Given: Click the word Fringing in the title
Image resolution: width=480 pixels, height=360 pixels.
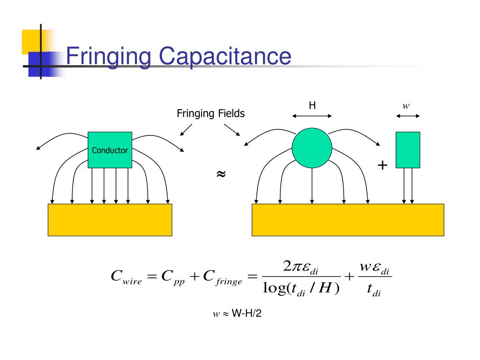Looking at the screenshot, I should [108, 57].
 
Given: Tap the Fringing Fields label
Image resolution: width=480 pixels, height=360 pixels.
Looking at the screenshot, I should [210, 113].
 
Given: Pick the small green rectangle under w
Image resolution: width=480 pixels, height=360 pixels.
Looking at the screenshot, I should [408, 150].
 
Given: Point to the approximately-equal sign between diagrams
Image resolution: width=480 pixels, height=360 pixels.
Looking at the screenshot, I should [221, 174].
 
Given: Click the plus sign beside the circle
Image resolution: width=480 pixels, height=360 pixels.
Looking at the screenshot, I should [383, 165].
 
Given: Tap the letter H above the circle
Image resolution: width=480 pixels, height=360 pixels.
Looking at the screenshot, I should [312, 106].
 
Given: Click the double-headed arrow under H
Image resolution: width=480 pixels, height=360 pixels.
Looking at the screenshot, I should [312, 116].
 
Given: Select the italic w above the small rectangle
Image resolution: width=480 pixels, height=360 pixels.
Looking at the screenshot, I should [406, 106].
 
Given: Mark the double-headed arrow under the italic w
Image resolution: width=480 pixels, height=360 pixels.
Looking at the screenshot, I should [408, 116].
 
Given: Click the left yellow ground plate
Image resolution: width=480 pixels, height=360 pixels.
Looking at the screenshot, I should [110, 219].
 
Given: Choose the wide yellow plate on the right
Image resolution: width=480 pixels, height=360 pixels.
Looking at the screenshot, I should [347, 219].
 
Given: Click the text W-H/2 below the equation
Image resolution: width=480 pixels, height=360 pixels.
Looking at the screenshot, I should [247, 314].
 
